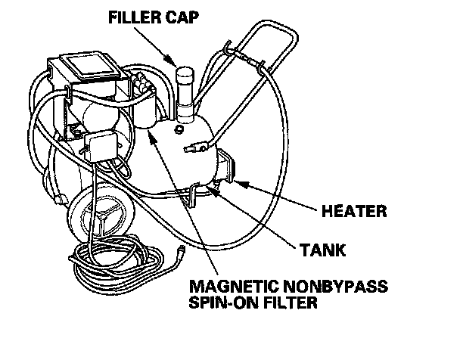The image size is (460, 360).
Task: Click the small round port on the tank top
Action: (x=177, y=130)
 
